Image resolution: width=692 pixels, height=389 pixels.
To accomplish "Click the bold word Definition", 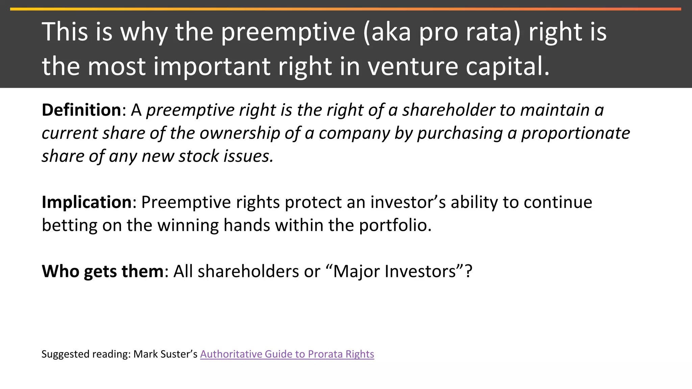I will (81, 110).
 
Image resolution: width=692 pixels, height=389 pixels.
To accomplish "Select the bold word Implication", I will (86, 202).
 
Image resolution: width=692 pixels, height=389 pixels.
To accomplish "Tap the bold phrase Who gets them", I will (103, 271).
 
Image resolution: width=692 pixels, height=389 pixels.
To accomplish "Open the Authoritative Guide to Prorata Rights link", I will (287, 354).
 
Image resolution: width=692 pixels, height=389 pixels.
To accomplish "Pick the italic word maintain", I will (555, 110).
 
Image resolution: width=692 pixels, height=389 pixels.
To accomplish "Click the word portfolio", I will (395, 225).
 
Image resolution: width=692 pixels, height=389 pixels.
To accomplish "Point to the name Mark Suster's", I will (165, 354).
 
